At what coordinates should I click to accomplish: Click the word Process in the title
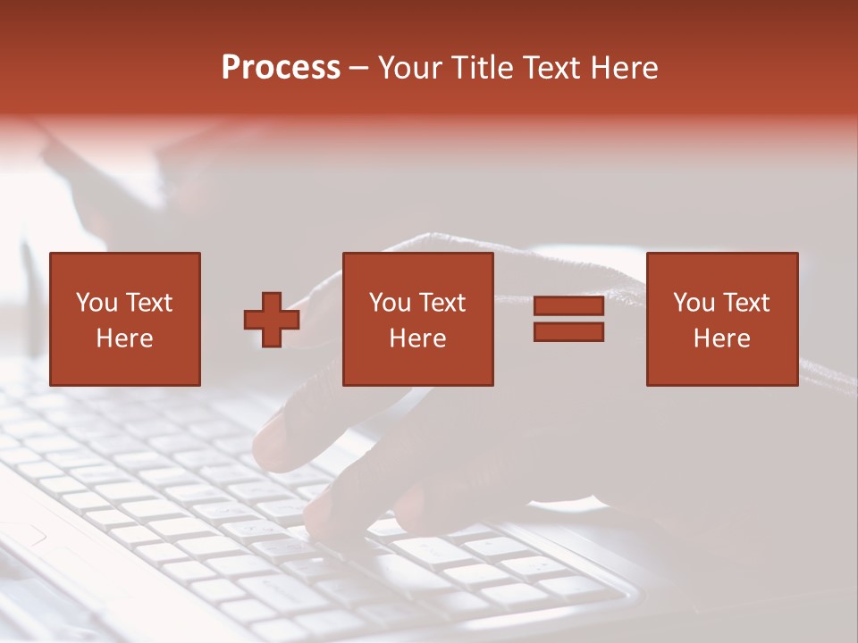click(x=281, y=68)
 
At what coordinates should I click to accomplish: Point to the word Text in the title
click(x=551, y=68)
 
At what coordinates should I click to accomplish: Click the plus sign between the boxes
click(x=272, y=320)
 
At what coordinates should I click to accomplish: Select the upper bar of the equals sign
click(x=568, y=306)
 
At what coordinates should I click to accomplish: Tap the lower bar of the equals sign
click(x=568, y=332)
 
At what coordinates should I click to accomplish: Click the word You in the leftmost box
click(x=97, y=303)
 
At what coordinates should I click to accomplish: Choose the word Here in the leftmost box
click(x=124, y=338)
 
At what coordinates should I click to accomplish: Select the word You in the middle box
click(x=390, y=303)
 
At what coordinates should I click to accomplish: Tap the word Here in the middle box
click(x=418, y=338)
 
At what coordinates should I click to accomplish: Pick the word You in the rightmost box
click(x=694, y=303)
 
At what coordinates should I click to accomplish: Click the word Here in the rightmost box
click(x=722, y=338)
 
